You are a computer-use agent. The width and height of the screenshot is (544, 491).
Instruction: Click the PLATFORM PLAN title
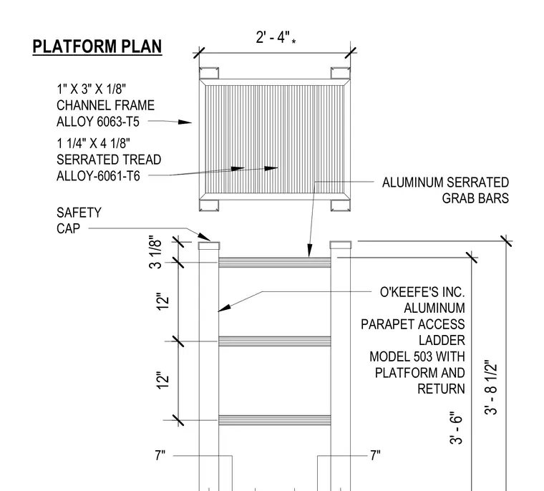click(97, 47)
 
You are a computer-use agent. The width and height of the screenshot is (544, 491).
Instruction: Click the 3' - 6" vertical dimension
click(456, 428)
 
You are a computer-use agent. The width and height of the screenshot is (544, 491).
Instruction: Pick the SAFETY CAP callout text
click(79, 220)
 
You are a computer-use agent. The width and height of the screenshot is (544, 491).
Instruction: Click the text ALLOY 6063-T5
click(98, 122)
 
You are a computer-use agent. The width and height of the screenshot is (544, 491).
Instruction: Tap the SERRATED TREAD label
click(109, 160)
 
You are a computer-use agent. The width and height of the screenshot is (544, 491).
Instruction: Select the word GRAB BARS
click(475, 198)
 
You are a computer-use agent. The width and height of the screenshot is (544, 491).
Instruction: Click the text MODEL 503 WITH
click(417, 356)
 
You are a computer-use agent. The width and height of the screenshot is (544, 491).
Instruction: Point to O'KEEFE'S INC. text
click(422, 292)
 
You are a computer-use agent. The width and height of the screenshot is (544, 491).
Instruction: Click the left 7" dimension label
click(160, 455)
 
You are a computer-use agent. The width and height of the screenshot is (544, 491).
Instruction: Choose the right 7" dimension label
click(375, 455)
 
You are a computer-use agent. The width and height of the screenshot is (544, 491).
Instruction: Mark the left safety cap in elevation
click(209, 245)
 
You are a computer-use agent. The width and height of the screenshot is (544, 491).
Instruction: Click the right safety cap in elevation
click(340, 245)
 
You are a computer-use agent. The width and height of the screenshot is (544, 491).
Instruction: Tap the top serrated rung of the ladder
click(274, 263)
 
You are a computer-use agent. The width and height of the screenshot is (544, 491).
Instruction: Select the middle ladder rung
click(274, 341)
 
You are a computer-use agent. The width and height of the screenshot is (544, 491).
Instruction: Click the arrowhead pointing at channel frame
click(185, 122)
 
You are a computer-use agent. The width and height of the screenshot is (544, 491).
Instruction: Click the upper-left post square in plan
click(209, 73)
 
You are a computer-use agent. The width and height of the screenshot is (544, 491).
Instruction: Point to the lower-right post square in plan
click(340, 205)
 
